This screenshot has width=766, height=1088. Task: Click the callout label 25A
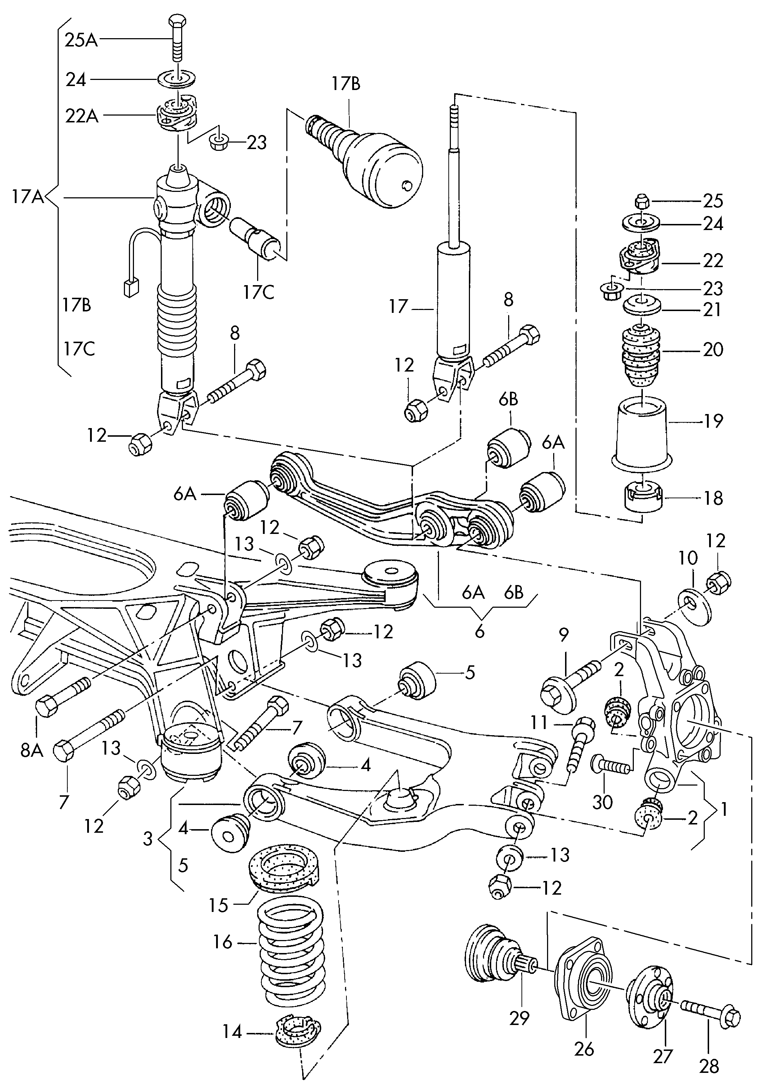tap(81, 40)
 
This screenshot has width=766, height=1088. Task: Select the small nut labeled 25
tap(641, 202)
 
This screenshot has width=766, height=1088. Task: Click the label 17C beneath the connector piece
tap(259, 293)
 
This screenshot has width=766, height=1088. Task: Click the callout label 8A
tap(32, 751)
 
